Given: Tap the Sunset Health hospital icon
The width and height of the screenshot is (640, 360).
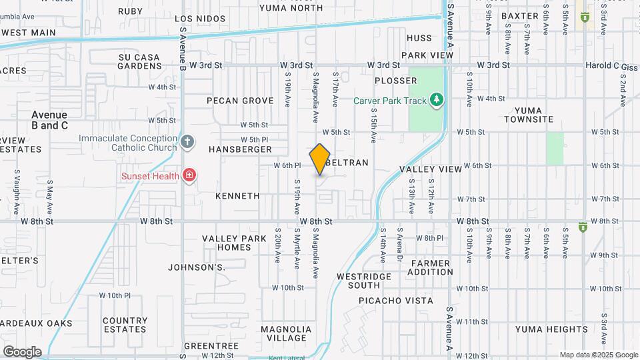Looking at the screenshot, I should pos(189,176).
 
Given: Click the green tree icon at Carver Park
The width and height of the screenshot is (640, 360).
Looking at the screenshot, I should pos(437,100).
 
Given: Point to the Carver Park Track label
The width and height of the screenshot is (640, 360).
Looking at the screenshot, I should pos(389,101).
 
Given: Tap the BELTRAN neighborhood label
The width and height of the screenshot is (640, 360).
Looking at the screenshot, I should pos(347,162).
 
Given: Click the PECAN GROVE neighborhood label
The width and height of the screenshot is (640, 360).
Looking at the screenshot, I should pos(240,101).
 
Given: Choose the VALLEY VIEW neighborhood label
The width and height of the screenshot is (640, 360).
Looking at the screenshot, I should pos(431,169).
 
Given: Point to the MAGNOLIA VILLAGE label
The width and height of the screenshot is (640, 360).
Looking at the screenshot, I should pos(286,333).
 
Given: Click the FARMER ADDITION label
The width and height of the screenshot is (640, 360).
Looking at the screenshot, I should pos(431,267).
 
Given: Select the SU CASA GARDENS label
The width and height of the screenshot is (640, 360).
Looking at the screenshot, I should pos(139,61).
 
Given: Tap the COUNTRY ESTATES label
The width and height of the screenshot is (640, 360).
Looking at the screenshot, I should pos(125,325).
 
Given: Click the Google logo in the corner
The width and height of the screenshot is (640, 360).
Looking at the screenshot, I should pos(21,351).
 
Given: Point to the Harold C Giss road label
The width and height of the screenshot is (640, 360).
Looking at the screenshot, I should pos(611,65).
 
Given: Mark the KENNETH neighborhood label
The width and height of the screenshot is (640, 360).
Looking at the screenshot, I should pos(237,196).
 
